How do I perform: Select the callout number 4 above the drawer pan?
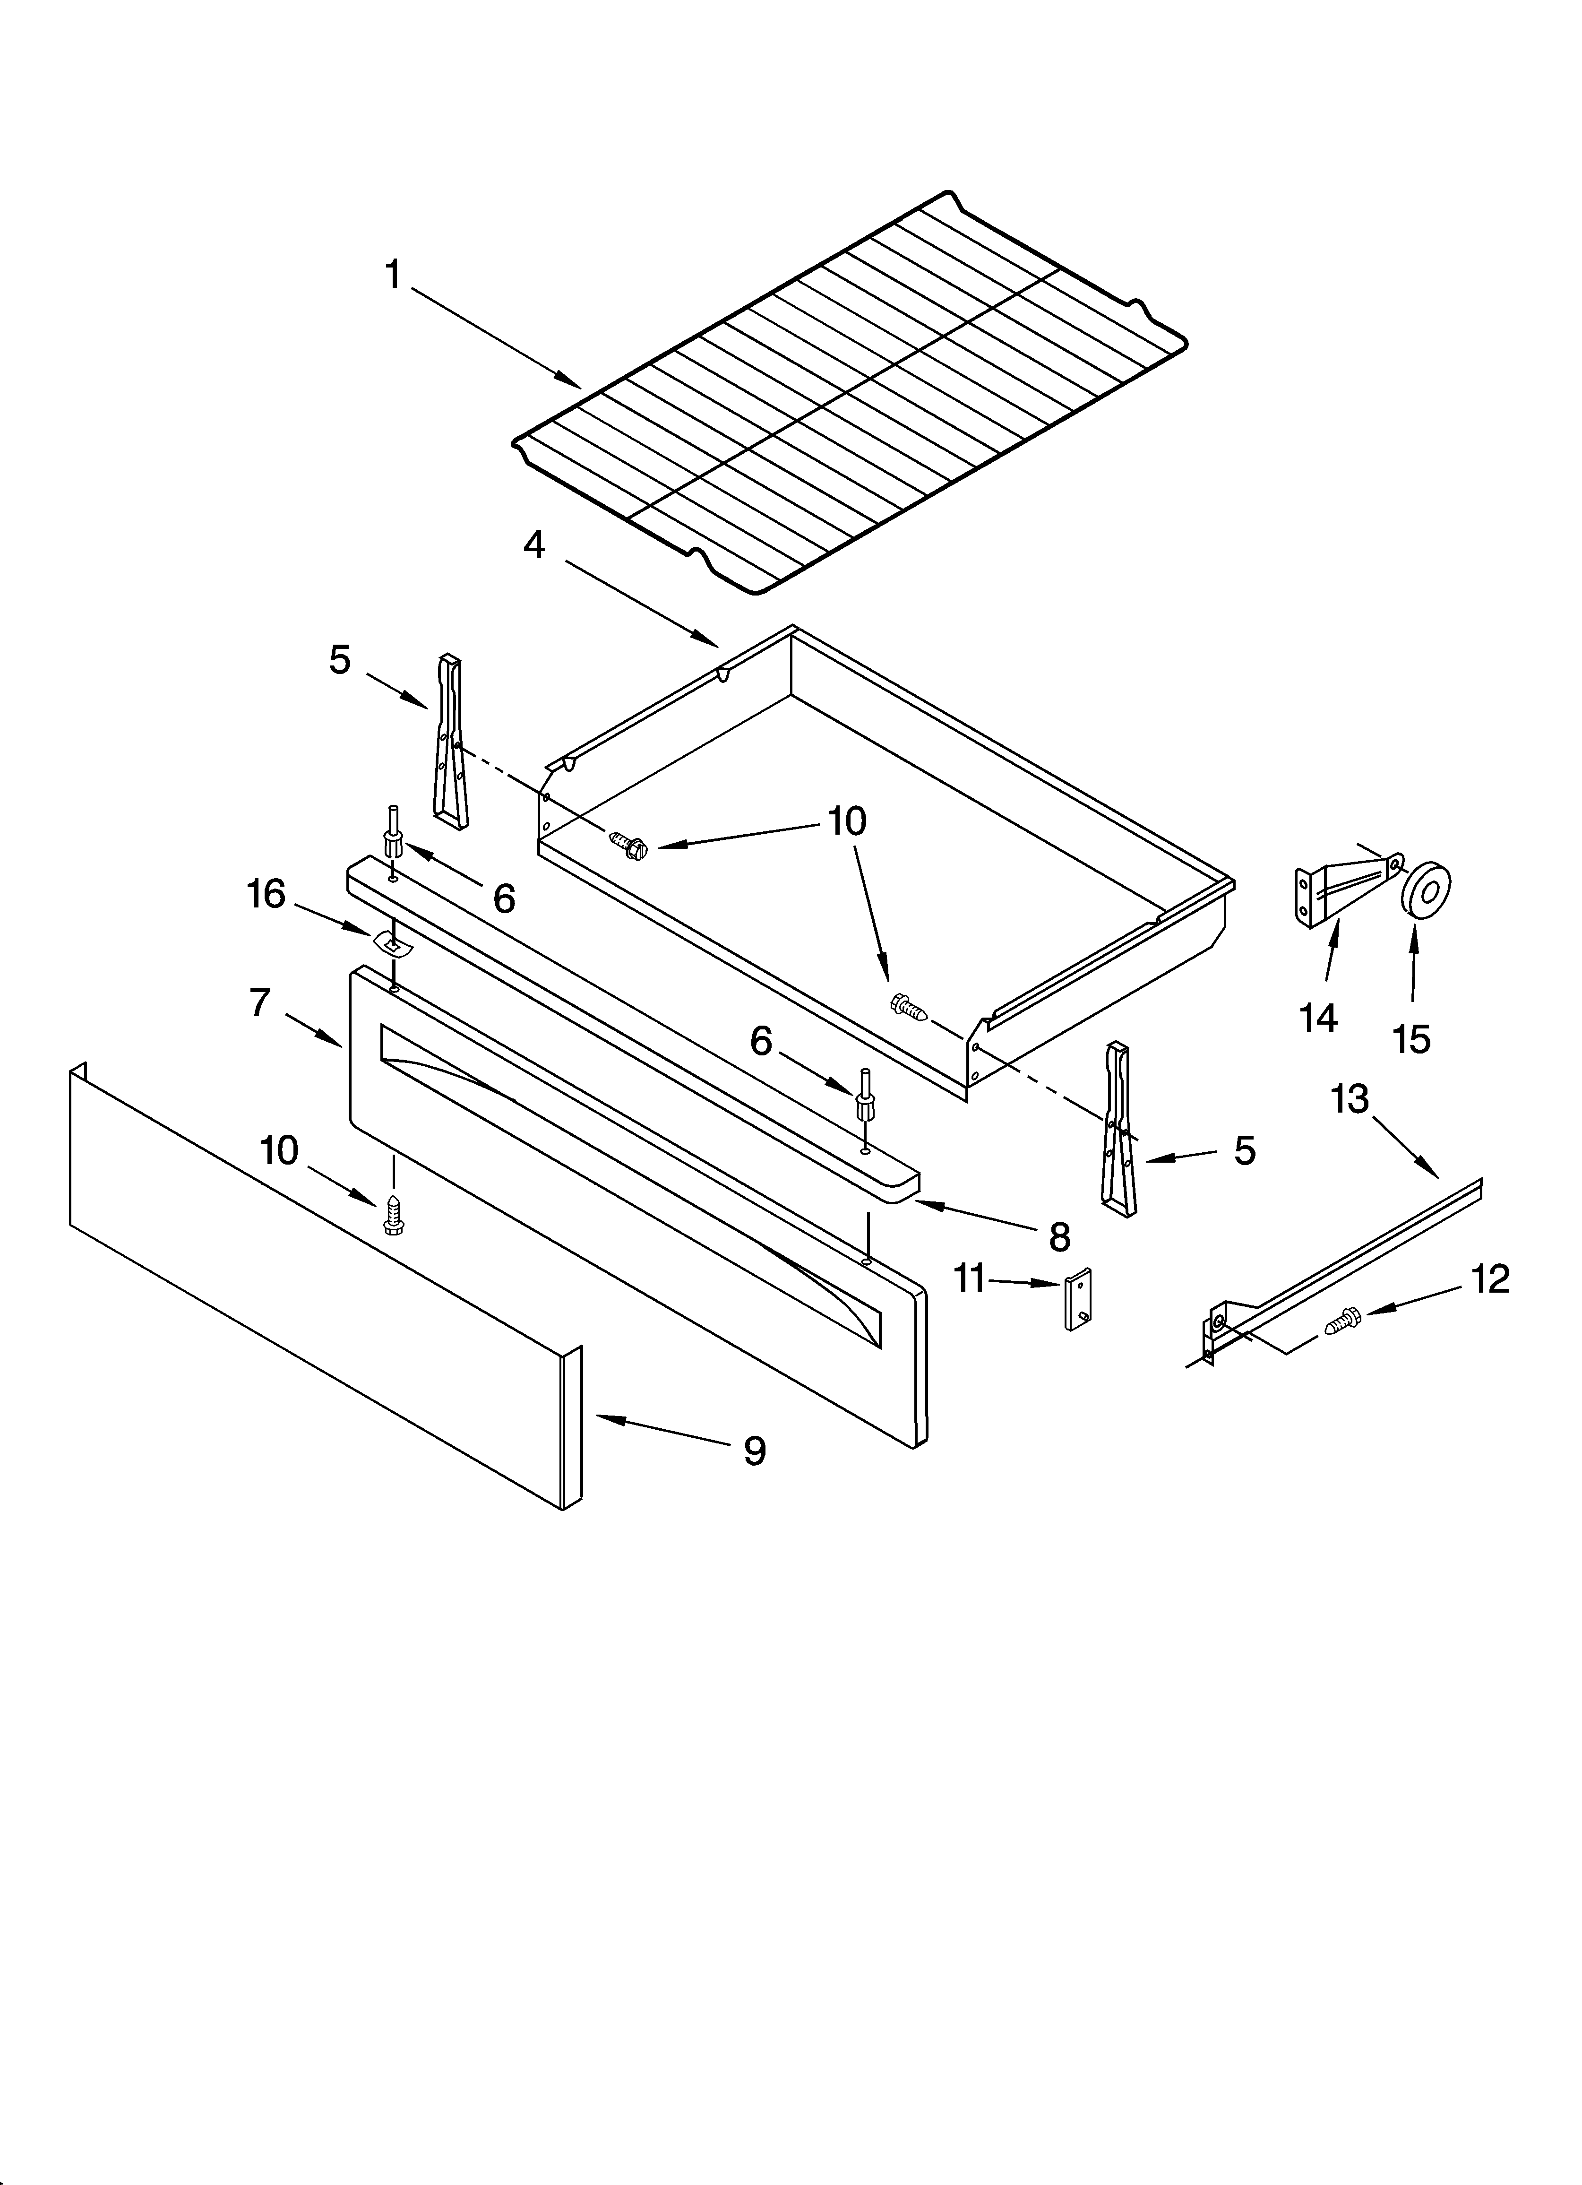click(534, 545)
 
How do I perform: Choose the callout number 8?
click(1060, 1238)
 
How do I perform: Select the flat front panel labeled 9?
click(318, 1291)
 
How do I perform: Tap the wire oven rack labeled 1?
click(848, 395)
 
